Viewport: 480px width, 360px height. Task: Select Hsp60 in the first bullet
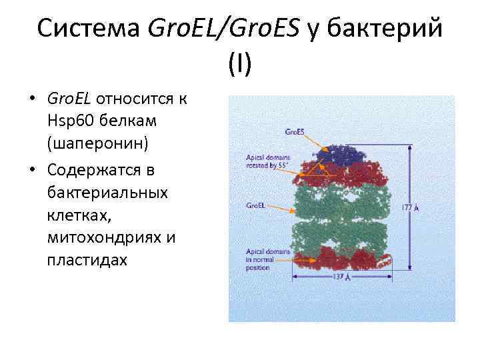pos(69,121)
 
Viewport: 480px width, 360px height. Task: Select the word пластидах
pos(86,259)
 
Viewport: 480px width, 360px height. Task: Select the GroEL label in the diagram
pos(256,206)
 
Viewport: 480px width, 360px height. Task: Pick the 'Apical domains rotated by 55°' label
pos(267,161)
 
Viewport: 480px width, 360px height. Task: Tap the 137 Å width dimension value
pos(341,276)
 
